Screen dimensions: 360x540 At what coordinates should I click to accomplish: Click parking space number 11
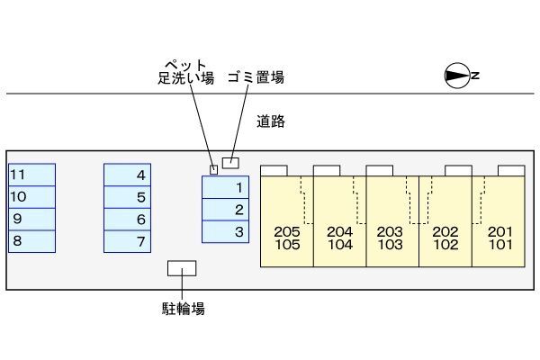click(31, 175)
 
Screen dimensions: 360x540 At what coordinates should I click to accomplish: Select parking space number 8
click(31, 241)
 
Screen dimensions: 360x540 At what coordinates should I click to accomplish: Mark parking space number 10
click(31, 197)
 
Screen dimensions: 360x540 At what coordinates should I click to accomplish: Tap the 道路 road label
click(270, 121)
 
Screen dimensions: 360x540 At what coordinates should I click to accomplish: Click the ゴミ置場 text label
click(256, 77)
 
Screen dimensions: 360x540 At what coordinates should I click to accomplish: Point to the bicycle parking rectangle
click(183, 268)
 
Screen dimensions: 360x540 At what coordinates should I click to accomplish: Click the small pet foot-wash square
click(213, 168)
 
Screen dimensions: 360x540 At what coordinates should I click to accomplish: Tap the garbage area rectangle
click(231, 163)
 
